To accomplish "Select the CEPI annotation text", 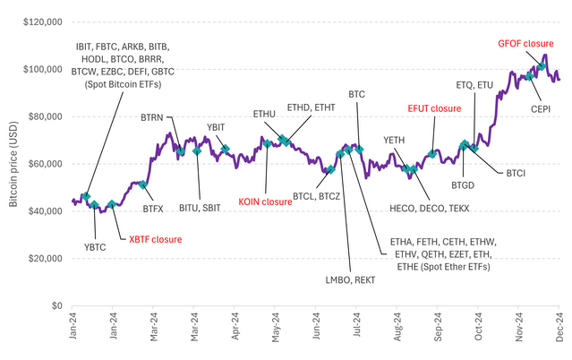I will click(x=541, y=108).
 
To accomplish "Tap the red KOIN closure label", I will click(x=266, y=201).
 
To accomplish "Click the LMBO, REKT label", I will click(x=349, y=281).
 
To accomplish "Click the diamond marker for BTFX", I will click(x=142, y=184).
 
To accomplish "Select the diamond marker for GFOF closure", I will click(x=542, y=67).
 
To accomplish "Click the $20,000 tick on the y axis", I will click(x=46, y=258).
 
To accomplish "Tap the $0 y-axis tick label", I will click(x=55, y=305).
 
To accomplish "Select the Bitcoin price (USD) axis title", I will click(x=15, y=163).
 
